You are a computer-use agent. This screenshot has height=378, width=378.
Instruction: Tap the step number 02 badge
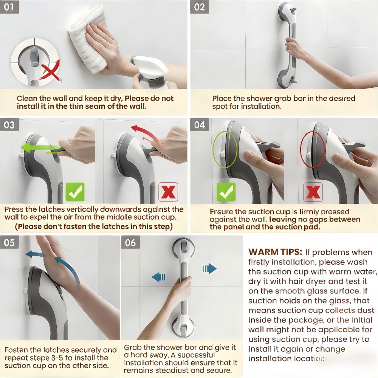(x=199, y=7)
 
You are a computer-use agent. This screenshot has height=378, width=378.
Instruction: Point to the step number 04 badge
(x=200, y=125)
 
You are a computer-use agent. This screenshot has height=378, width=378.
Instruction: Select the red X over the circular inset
(x=51, y=72)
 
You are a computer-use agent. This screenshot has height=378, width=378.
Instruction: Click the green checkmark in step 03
(x=75, y=192)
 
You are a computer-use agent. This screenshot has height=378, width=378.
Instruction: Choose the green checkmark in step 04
(x=226, y=192)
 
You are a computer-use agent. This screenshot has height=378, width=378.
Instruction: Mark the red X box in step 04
(x=313, y=192)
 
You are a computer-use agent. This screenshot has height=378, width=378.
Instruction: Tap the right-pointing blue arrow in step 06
(x=210, y=269)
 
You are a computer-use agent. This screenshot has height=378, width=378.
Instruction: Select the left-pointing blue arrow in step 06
(x=159, y=277)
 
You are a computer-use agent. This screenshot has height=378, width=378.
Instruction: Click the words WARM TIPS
(x=275, y=252)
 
